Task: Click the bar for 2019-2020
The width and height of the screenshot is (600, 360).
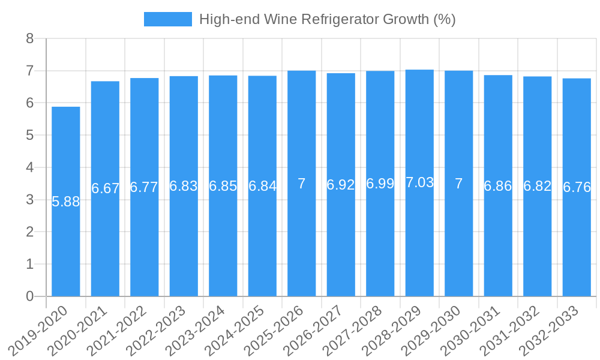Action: coord(66,240)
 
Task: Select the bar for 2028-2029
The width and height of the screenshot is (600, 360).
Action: coord(419,240)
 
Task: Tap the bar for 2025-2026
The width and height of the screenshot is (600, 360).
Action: coord(302,240)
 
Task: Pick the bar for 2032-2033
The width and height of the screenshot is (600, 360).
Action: coord(577,240)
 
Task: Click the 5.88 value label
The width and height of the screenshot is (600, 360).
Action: coord(66,202)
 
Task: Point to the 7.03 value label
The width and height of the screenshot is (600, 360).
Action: coord(419,183)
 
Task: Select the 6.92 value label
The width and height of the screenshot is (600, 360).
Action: coord(341,185)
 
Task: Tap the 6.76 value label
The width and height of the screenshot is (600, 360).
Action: coord(577,188)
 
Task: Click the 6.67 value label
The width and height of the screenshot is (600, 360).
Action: coord(106,189)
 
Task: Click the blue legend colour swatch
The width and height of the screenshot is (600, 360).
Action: coord(168,19)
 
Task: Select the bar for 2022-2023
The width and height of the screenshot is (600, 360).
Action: coord(184,240)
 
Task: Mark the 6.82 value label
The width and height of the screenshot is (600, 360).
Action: coord(537,186)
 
